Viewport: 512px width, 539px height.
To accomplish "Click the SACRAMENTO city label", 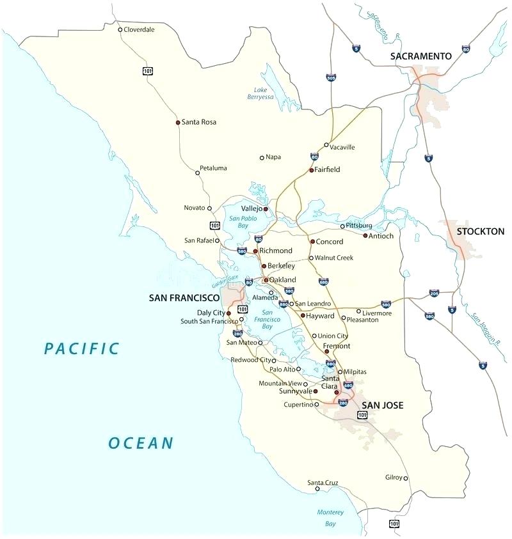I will [x=420, y=56].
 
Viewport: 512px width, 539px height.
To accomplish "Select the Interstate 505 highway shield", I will [x=331, y=78].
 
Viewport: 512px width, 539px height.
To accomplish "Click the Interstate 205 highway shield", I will [x=434, y=293].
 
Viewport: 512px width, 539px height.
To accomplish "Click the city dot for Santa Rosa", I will [x=177, y=122].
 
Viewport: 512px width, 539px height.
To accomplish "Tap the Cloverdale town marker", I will [x=120, y=29].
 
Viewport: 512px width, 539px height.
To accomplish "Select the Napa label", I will [x=273, y=157].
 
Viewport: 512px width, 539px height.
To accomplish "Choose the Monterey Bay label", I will [x=330, y=518].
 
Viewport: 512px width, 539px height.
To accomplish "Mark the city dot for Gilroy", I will [x=406, y=478].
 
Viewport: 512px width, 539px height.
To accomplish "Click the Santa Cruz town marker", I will [x=317, y=489].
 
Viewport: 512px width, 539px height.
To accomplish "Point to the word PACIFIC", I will [x=81, y=348].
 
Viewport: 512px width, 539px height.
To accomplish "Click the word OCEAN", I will [x=141, y=442].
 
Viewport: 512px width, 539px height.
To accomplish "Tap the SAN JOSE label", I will [x=383, y=405].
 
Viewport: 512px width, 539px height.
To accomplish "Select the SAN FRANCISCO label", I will [x=184, y=298].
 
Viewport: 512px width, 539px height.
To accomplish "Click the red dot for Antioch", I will [x=365, y=236].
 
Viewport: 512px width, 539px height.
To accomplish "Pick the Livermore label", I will [x=377, y=312].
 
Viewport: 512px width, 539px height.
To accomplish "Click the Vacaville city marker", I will [x=326, y=145].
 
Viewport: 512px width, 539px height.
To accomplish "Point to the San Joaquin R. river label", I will [x=486, y=329].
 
